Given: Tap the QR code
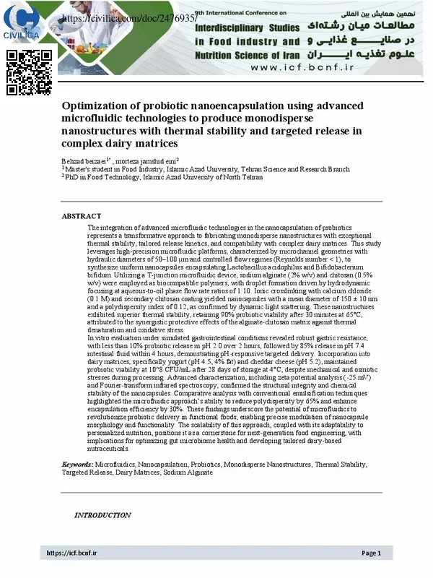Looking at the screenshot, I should coord(30,72).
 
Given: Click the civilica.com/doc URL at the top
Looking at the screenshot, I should coord(130,17).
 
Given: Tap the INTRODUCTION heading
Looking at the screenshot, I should coord(102,515).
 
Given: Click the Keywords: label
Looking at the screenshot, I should coord(77,463).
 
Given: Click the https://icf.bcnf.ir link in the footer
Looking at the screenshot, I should coord(72,553).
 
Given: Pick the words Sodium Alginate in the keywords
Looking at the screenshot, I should coord(188,472).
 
